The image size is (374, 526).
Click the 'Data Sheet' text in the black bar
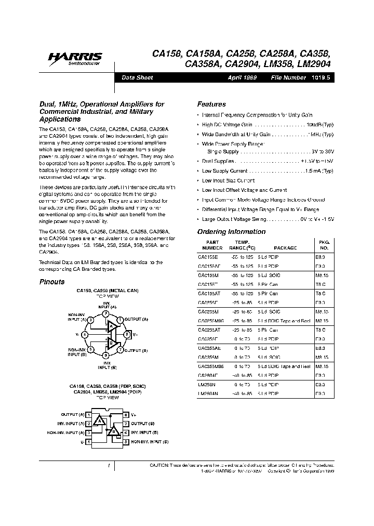click(137, 77)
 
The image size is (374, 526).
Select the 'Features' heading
click(211, 104)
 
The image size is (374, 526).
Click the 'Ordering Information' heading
click(231, 232)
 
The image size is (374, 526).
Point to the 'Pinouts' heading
click(52, 282)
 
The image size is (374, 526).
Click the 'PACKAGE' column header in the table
click(285, 248)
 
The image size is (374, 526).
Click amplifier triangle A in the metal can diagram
click(110, 326)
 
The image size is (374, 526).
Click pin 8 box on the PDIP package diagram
click(126, 415)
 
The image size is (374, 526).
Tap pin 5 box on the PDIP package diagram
click(126, 441)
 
